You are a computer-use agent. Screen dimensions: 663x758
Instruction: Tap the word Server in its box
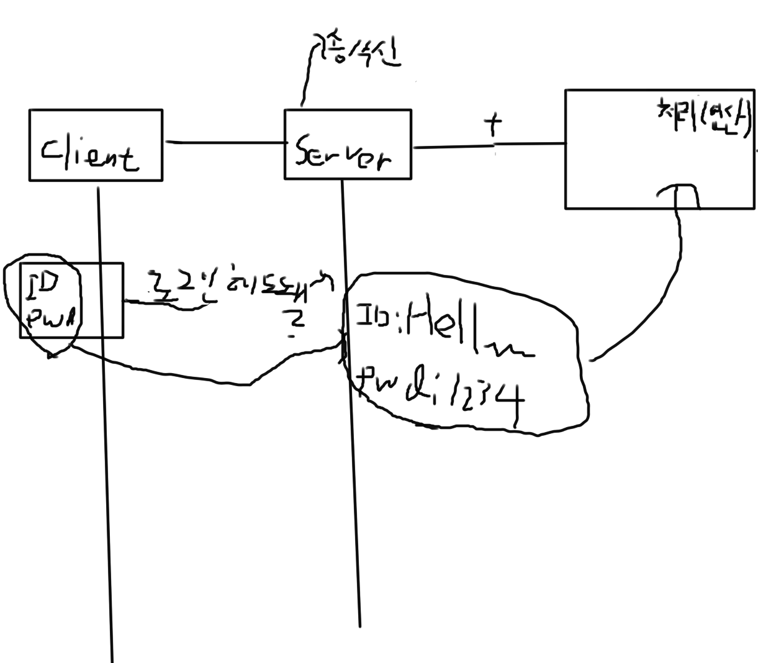click(x=343, y=152)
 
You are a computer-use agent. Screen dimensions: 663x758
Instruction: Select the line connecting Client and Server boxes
click(x=223, y=143)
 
